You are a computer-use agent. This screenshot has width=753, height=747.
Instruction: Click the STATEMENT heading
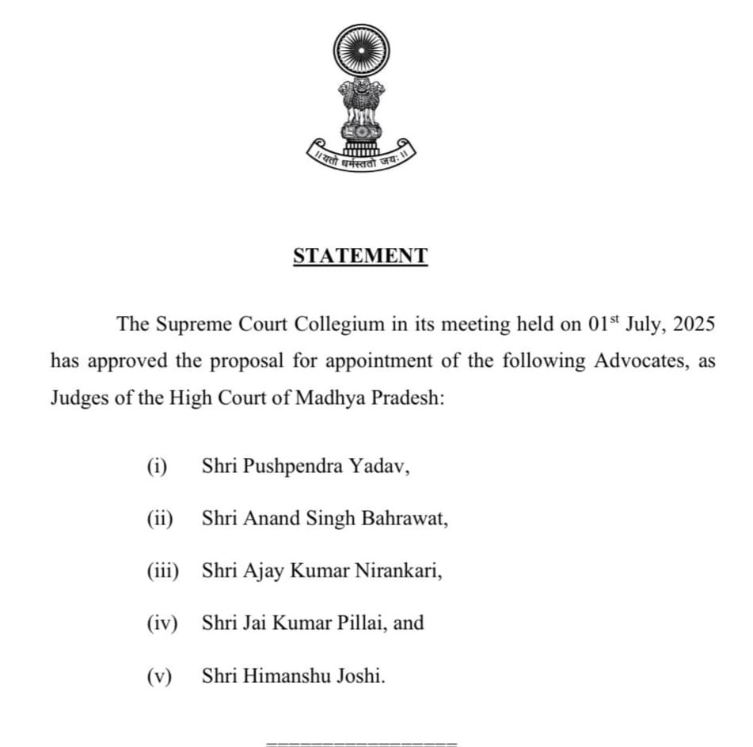360,256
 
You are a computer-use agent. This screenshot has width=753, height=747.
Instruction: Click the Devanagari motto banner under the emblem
361,159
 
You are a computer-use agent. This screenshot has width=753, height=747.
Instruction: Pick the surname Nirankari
398,570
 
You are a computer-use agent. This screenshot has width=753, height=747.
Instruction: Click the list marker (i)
157,467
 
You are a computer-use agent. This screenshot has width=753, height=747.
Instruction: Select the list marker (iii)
163,570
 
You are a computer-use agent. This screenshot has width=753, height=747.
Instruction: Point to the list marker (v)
160,676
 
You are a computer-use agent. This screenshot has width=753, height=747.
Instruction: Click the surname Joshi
363,676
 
